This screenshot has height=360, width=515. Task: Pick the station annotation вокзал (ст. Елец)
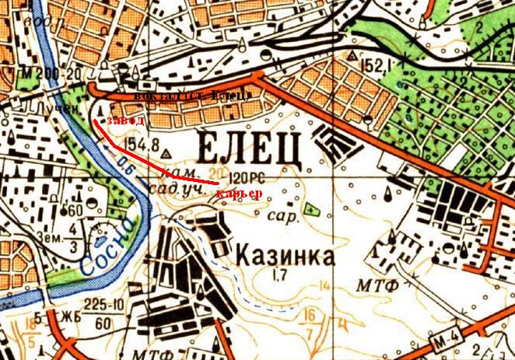[x=191, y=96]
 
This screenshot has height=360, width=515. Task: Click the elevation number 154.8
[x=140, y=145]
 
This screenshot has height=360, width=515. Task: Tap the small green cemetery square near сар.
[x=312, y=208]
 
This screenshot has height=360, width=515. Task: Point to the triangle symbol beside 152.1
[x=354, y=57]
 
